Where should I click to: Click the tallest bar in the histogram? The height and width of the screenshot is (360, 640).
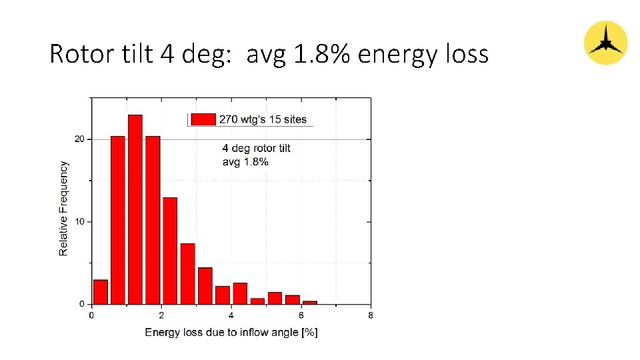pyautogui.click(x=135, y=209)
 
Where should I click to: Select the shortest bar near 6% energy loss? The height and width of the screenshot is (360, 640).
pyautogui.click(x=309, y=303)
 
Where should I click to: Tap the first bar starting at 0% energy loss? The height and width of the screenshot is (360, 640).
pyautogui.click(x=101, y=292)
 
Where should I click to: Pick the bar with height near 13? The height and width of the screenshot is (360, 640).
pyautogui.click(x=170, y=251)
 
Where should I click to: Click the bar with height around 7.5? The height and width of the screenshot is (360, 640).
pyautogui.click(x=187, y=273)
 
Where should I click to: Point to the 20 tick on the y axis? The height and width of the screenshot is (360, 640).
pyautogui.click(x=80, y=139)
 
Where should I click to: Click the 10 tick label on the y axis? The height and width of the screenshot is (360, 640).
pyautogui.click(x=80, y=221)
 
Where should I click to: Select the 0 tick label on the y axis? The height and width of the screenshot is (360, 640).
pyautogui.click(x=82, y=304)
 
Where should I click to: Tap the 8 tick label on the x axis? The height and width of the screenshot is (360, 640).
pyautogui.click(x=370, y=315)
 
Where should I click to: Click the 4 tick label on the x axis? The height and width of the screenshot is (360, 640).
pyautogui.click(x=231, y=315)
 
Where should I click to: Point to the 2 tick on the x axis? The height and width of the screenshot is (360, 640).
pyautogui.click(x=161, y=315)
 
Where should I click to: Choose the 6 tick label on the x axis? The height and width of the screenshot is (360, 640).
pyautogui.click(x=301, y=315)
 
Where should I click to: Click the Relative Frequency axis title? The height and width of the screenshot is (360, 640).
pyautogui.click(x=64, y=208)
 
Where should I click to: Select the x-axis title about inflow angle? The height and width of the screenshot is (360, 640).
pyautogui.click(x=231, y=332)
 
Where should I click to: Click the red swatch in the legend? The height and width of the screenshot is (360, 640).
pyautogui.click(x=203, y=119)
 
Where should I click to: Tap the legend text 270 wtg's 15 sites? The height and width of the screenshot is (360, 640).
pyautogui.click(x=263, y=119)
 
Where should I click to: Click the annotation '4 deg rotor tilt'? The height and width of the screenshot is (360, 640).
pyautogui.click(x=256, y=148)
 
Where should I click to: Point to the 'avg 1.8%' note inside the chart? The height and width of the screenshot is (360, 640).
pyautogui.click(x=245, y=161)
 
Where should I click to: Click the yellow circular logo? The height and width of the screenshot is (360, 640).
pyautogui.click(x=605, y=43)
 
